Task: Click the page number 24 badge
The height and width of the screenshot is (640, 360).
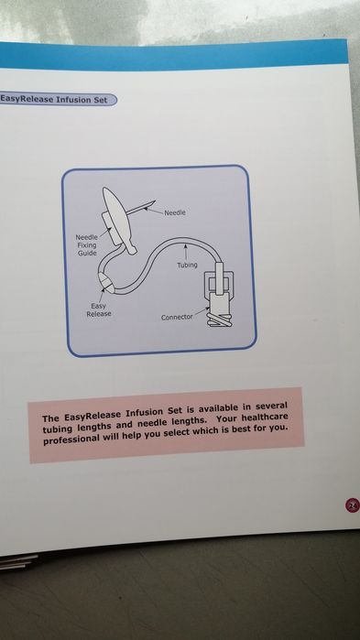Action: pyautogui.click(x=353, y=506)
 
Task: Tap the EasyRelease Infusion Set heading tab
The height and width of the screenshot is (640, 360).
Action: pyautogui.click(x=57, y=100)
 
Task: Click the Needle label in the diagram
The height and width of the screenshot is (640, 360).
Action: pyautogui.click(x=175, y=212)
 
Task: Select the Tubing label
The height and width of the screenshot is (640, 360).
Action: pyautogui.click(x=187, y=265)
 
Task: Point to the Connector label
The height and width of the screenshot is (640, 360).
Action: pyautogui.click(x=177, y=317)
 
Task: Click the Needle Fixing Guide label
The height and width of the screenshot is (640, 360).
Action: pyautogui.click(x=86, y=244)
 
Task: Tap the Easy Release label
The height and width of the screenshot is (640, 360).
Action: pyautogui.click(x=99, y=309)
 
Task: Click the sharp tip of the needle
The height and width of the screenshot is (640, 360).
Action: pyautogui.click(x=155, y=201)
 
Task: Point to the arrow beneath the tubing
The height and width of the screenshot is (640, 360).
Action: pyautogui.click(x=185, y=252)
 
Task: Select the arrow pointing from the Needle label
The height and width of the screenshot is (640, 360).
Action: pyautogui.click(x=154, y=211)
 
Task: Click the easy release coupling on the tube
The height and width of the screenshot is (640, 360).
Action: pyautogui.click(x=106, y=281)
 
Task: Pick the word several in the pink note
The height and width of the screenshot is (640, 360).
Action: pyautogui.click(x=272, y=407)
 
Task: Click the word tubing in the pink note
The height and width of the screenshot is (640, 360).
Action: pyautogui.click(x=57, y=429)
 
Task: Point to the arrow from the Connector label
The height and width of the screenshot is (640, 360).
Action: pyautogui.click(x=201, y=311)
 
